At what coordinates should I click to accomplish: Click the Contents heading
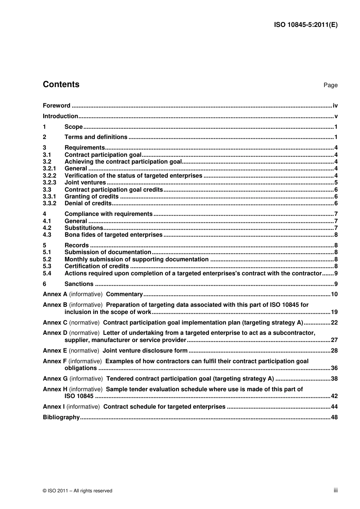point(61,84)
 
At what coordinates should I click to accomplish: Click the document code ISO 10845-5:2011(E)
point(305,25)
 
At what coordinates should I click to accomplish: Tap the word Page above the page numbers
point(330,85)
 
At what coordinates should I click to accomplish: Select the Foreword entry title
point(56,106)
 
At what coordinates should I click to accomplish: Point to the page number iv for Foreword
point(335,106)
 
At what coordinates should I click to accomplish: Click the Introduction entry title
point(60,116)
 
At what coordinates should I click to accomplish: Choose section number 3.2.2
point(49,176)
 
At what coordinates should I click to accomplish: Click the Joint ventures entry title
point(85,183)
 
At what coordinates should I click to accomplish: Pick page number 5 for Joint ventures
point(336,183)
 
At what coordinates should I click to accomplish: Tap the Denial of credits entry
point(88,203)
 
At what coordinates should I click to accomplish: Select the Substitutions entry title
point(84,228)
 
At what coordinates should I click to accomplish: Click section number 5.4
point(47,273)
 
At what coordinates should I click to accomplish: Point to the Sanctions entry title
point(79,284)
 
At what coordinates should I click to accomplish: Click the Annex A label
point(55,294)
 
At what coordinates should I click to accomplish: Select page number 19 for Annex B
point(334,312)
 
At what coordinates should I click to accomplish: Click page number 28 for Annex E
point(334,351)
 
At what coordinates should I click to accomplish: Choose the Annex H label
point(55,389)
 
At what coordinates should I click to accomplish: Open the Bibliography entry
point(61,417)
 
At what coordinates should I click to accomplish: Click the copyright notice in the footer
point(78,491)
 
